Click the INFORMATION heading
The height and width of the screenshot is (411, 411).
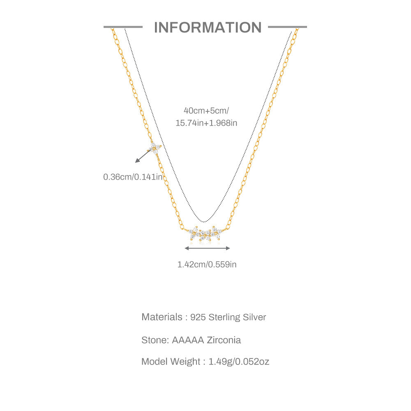click(208, 28)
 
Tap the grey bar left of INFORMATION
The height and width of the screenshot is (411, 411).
click(123, 27)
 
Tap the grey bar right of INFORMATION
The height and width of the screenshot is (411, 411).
click(287, 27)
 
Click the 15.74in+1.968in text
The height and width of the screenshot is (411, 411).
click(206, 123)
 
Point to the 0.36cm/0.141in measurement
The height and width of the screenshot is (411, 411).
click(133, 177)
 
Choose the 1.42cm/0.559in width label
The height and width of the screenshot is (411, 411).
click(207, 265)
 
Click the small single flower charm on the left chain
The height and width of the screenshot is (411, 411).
click(155, 148)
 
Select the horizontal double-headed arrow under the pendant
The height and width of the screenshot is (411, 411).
click(207, 248)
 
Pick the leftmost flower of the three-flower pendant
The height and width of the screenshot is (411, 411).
click(194, 233)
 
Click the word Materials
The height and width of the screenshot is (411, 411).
click(162, 317)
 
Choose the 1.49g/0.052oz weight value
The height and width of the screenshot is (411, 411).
click(239, 362)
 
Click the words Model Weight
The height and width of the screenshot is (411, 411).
click(171, 362)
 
